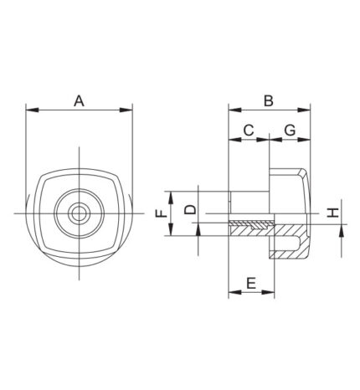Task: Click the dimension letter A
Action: click(x=79, y=100)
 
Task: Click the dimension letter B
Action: click(x=269, y=100)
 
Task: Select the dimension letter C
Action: click(x=249, y=130)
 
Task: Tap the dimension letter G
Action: click(x=290, y=130)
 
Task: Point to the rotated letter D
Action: click(x=191, y=209)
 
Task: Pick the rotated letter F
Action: click(x=162, y=213)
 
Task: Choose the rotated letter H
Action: click(x=333, y=213)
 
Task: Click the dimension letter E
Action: click(x=251, y=283)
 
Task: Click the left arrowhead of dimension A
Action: click(x=32, y=110)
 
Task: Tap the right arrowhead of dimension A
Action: click(x=126, y=110)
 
